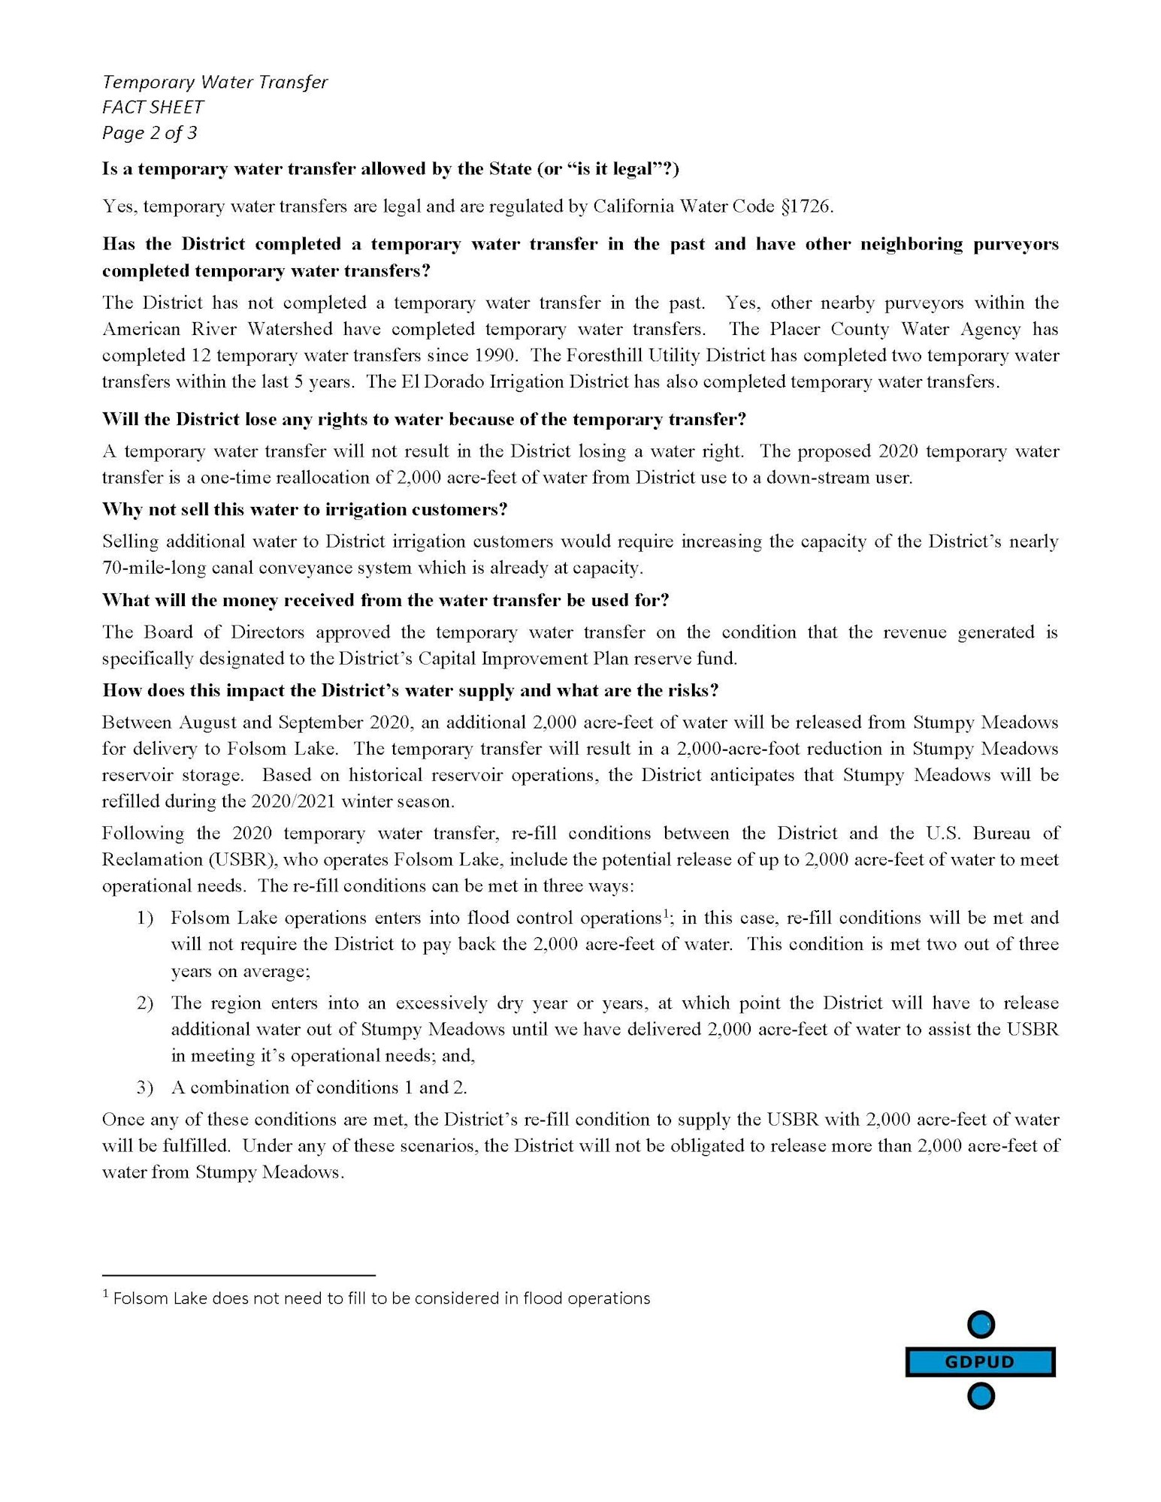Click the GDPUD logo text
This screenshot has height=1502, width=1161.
click(x=980, y=1362)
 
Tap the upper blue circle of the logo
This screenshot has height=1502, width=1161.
click(x=981, y=1326)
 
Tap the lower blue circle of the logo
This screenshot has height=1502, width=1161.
click(x=981, y=1396)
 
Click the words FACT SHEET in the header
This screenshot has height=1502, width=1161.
click(x=153, y=107)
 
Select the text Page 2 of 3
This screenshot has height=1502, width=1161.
click(x=150, y=133)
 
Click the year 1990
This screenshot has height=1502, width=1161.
click(x=494, y=355)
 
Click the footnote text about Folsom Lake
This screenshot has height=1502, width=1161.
click(x=380, y=1298)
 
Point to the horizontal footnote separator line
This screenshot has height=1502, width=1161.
click(x=238, y=1275)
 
